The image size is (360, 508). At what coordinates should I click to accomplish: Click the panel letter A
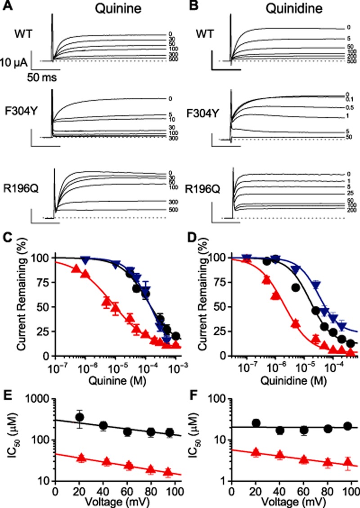coord(7,6)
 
